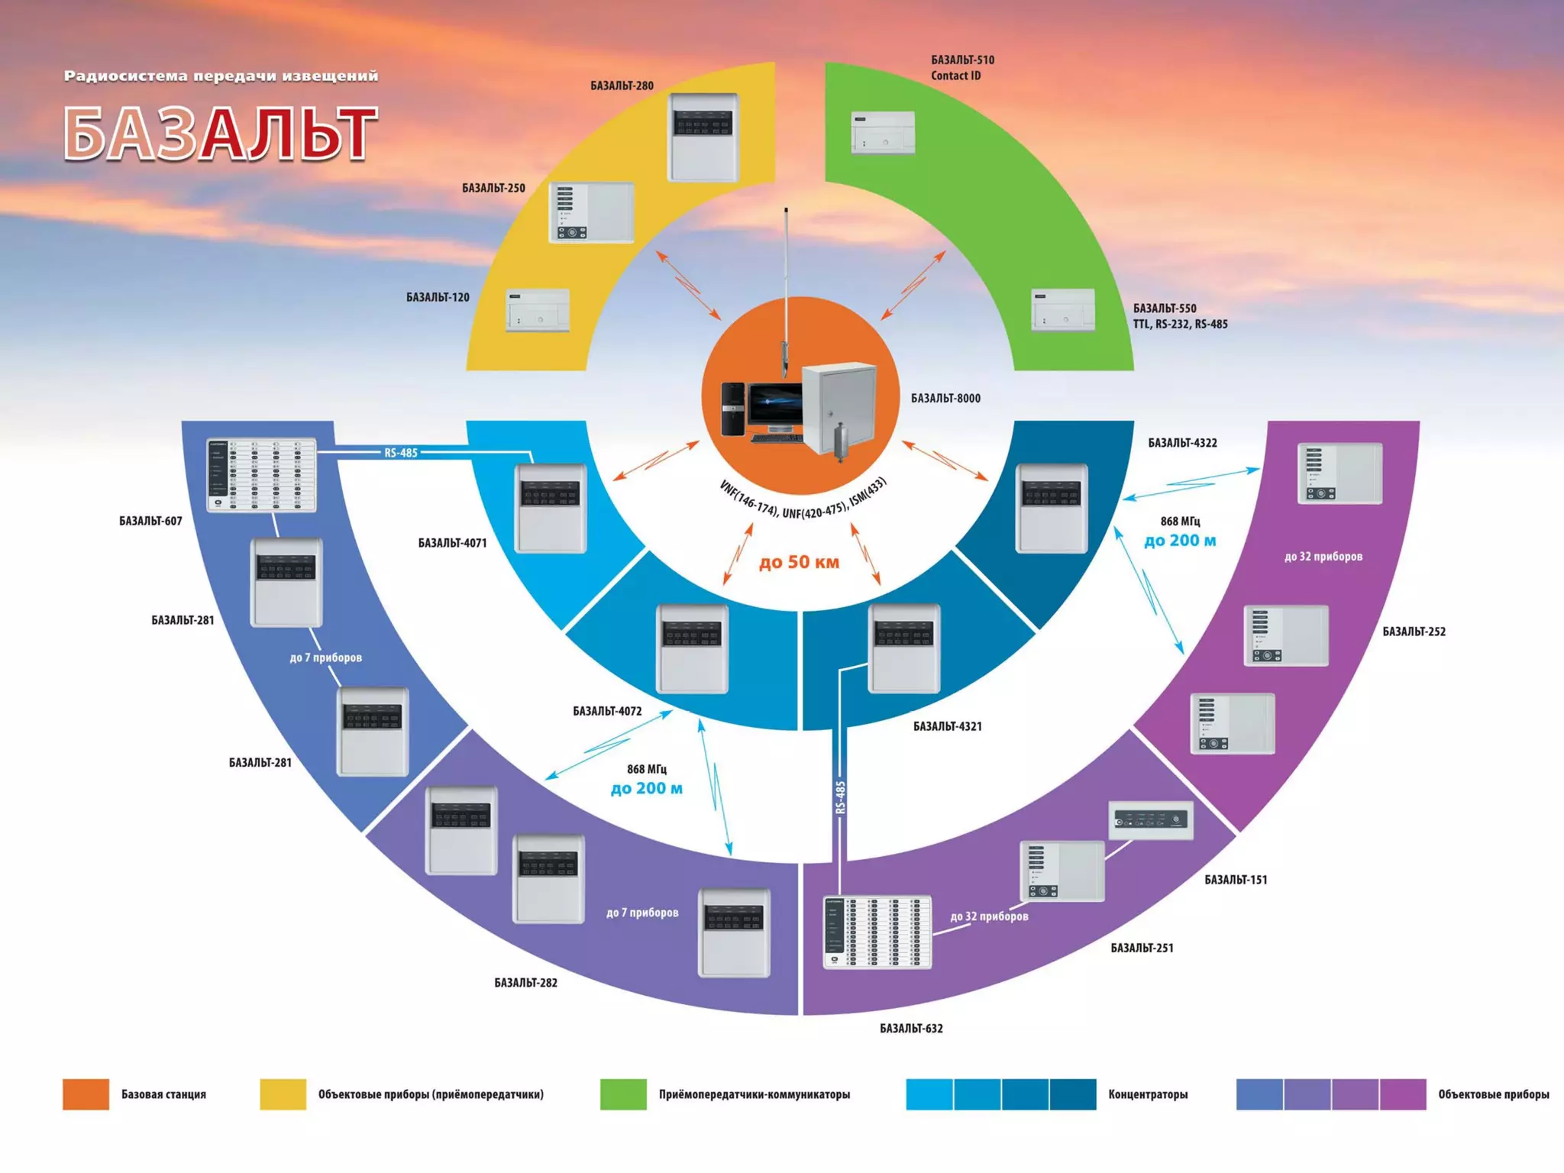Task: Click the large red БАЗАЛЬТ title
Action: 220,134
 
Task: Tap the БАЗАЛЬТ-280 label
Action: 622,86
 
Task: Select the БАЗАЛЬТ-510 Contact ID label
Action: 961,67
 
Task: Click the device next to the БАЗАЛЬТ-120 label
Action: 538,310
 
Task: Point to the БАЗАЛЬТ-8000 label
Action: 945,398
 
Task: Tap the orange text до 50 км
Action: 799,562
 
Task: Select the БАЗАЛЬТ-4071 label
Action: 452,543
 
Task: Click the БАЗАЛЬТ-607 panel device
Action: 261,475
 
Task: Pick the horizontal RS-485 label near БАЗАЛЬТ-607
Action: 401,453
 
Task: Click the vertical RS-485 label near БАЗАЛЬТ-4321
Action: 841,797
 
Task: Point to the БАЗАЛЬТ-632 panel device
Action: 877,932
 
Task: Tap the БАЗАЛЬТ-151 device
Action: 1150,820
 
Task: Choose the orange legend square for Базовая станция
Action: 86,1094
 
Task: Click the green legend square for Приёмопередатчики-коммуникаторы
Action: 623,1094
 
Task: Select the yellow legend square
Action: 283,1094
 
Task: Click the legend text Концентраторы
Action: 1148,1094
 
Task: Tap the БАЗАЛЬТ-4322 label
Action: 1182,443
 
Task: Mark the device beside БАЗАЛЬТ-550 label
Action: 1062,310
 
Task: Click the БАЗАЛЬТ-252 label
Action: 1414,632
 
